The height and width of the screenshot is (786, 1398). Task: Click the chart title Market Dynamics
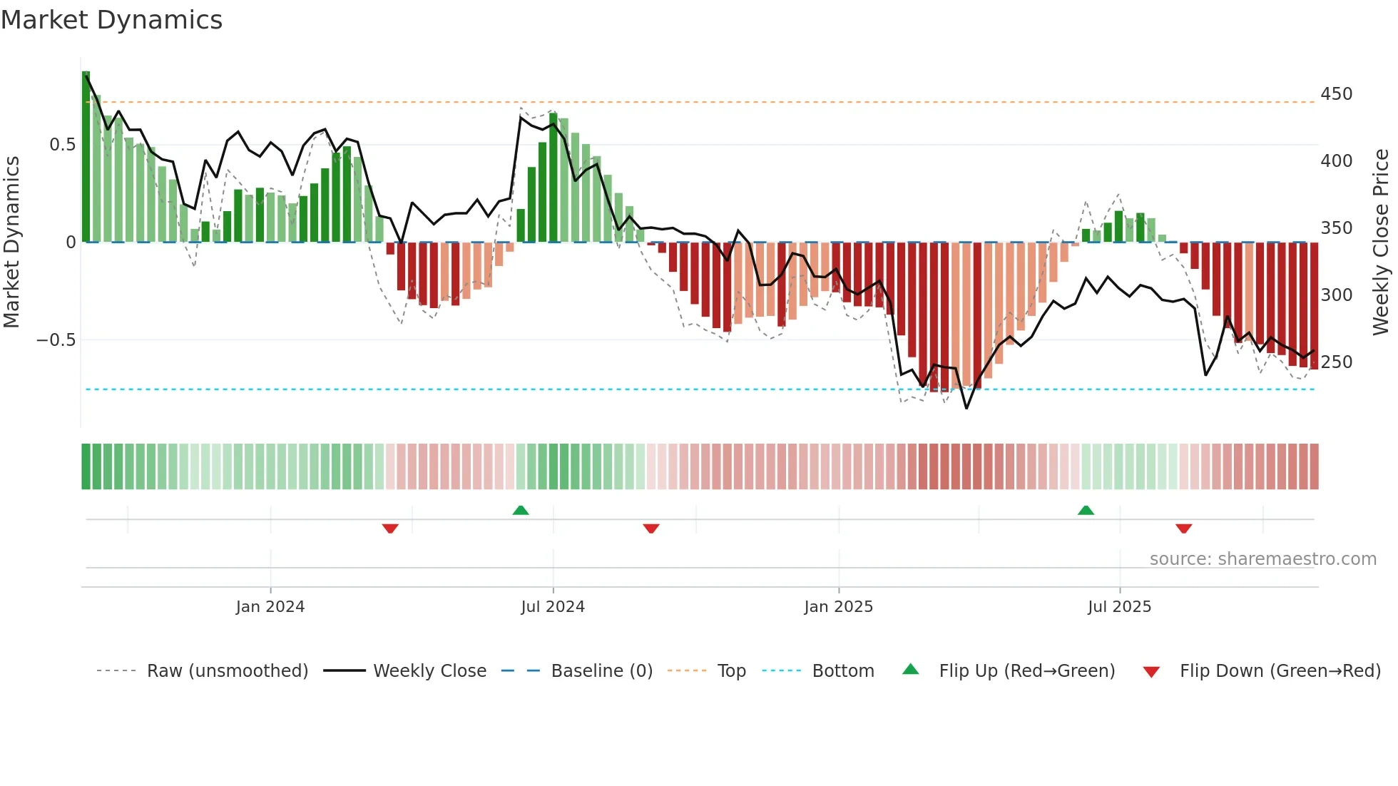click(112, 20)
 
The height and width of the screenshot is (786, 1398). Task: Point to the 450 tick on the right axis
click(1336, 94)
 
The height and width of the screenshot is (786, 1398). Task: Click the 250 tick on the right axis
click(1336, 362)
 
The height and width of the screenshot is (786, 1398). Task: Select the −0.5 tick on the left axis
click(56, 340)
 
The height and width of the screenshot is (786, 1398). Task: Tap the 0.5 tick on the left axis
click(62, 145)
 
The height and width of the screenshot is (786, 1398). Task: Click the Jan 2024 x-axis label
click(270, 607)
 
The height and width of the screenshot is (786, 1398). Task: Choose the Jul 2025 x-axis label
click(1119, 607)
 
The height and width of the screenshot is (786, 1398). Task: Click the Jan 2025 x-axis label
click(838, 607)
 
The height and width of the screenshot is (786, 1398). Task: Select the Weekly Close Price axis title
click(1381, 243)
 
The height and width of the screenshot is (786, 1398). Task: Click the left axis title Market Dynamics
click(12, 243)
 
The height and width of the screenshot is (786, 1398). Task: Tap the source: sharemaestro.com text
click(1262, 559)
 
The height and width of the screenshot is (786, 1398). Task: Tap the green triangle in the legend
click(910, 669)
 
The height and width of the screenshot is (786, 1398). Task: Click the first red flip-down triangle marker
click(390, 529)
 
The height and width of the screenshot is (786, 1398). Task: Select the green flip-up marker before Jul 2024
click(521, 510)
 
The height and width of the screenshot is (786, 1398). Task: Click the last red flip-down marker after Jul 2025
click(1184, 529)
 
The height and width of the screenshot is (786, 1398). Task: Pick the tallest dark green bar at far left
click(86, 157)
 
